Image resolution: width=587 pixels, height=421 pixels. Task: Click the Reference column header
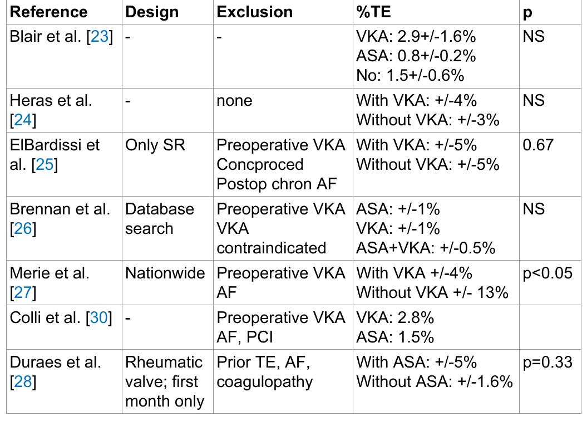point(49,12)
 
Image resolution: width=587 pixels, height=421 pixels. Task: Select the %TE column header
point(374,12)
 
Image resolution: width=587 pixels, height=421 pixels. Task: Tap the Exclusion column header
point(254,12)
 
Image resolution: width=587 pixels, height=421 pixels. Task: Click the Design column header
point(152,12)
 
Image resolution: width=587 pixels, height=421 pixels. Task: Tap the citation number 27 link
point(23,292)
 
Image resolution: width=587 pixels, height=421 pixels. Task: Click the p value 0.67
point(538,145)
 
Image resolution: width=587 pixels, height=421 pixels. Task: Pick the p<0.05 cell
point(547,273)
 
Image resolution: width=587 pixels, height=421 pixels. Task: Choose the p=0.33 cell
point(547,362)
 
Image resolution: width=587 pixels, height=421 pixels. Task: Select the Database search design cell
point(159,218)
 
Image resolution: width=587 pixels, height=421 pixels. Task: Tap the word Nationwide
point(165,273)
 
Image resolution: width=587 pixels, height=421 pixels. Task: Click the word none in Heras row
point(234,101)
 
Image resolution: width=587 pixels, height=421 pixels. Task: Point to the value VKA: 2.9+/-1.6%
point(416,37)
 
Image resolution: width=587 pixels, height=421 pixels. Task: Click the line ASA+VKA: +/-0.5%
point(426,248)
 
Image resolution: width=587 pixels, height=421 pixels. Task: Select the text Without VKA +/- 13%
point(432,292)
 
